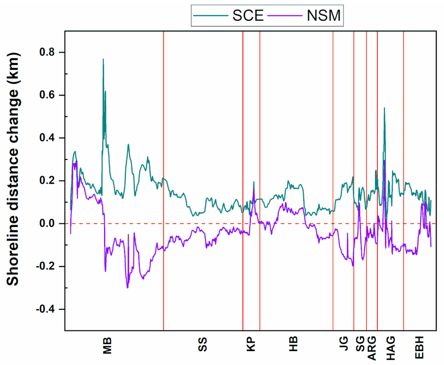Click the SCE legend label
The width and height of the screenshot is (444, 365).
(248, 16)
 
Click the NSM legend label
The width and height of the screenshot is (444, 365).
(324, 16)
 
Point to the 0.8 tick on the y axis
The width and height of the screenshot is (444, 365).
(47, 52)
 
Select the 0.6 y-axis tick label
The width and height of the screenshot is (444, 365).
(47, 95)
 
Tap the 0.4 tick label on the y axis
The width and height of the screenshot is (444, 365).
(47, 138)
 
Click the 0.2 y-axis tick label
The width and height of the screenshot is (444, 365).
(47, 180)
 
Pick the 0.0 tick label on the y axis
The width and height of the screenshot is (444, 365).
(47, 223)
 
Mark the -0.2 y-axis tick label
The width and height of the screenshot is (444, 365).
(45, 266)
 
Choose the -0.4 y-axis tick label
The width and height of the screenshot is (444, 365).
(45, 309)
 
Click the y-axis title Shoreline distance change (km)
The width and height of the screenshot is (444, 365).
(13, 169)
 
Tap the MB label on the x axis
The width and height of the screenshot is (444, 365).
(107, 346)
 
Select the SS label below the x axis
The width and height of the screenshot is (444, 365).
(203, 344)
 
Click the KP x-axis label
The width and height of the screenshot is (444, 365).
(251, 344)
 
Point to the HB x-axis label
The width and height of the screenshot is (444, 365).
(293, 344)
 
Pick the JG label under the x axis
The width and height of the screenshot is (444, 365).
(344, 344)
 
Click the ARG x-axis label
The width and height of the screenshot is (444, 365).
(372, 348)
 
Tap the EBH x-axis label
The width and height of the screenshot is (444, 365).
(419, 348)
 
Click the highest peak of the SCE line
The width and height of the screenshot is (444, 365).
(103, 59)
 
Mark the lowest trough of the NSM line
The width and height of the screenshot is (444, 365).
(127, 288)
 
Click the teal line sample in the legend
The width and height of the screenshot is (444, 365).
(211, 16)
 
